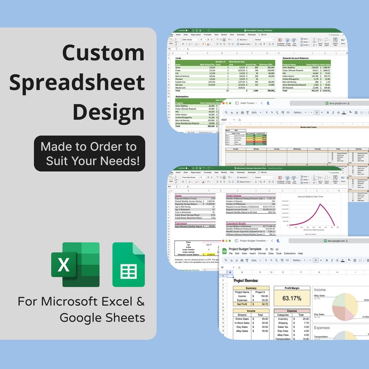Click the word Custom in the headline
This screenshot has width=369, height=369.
(x=103, y=54)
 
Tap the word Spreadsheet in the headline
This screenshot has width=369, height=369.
(x=77, y=83)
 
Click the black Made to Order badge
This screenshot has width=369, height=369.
(x=89, y=154)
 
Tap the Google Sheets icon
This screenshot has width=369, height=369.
(x=129, y=265)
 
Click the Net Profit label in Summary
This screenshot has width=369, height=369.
(x=242, y=304)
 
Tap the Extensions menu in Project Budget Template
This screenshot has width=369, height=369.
(x=290, y=253)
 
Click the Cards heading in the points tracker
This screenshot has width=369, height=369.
(x=179, y=58)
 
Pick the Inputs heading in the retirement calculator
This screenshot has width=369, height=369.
(x=178, y=195)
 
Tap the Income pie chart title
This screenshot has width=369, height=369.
(x=320, y=290)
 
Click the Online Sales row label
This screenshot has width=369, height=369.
(x=242, y=319)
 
